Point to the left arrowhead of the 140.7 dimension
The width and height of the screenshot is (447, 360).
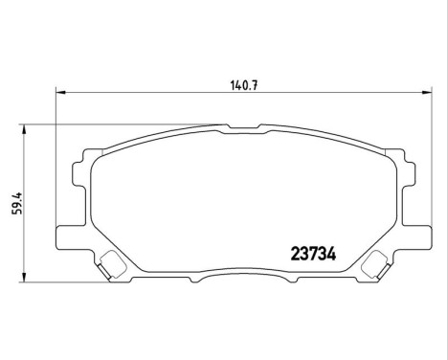(60, 92)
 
